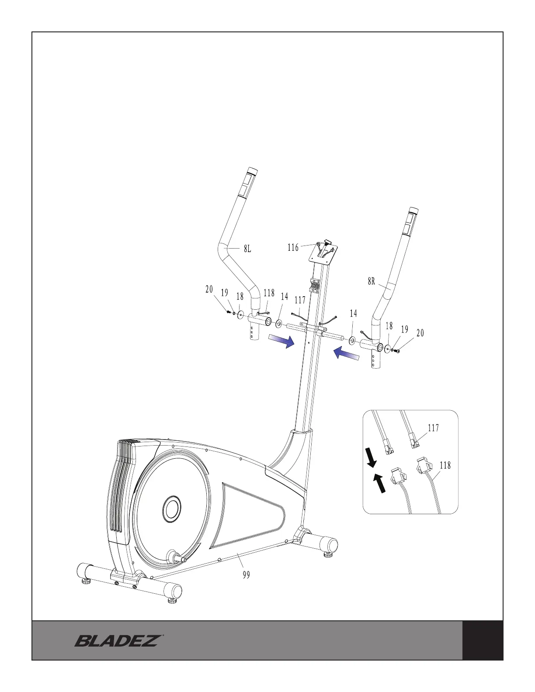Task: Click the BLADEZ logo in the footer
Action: [x=117, y=641]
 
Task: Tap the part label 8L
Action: [x=247, y=249]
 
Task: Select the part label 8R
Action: [x=371, y=282]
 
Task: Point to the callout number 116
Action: [x=293, y=248]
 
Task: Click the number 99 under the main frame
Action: [x=246, y=575]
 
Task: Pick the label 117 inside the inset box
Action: [x=433, y=428]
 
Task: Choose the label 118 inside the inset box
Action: [x=445, y=466]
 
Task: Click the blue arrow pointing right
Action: [x=280, y=341]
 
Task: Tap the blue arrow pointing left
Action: [x=346, y=353]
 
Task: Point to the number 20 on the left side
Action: [x=209, y=289]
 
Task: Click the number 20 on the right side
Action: [x=420, y=333]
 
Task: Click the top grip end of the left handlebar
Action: [x=252, y=171]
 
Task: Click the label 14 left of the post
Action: [x=284, y=297]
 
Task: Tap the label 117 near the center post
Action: [x=300, y=300]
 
